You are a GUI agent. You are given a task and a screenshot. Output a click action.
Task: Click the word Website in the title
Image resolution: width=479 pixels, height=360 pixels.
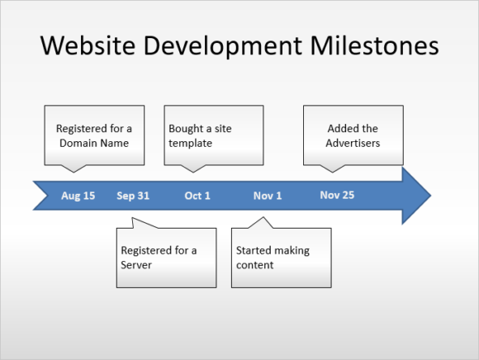point(88,45)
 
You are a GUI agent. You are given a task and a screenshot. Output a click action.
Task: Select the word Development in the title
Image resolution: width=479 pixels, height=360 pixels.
point(223,46)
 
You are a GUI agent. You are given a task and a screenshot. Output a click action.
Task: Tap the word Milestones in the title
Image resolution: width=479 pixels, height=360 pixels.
point(374,45)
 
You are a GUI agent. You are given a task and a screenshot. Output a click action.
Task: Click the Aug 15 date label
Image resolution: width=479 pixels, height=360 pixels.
point(78,196)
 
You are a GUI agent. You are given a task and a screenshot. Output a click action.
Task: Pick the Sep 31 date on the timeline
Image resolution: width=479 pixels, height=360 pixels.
point(133,196)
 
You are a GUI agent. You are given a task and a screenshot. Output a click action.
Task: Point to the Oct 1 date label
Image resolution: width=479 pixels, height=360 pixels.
point(197,196)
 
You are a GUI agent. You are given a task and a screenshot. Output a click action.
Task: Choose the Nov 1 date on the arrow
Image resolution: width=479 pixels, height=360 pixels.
point(268,196)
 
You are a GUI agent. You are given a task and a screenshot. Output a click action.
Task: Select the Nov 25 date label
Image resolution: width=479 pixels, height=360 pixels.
point(337,195)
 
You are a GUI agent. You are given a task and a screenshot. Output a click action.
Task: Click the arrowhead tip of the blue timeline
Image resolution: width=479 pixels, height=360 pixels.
point(431,196)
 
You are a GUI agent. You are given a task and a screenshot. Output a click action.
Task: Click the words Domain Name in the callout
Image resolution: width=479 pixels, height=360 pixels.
point(94,143)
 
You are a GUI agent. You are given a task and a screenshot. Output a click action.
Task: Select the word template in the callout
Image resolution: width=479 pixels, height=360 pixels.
point(190,143)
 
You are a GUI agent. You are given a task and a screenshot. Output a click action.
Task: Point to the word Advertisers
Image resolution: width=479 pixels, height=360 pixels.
point(353,143)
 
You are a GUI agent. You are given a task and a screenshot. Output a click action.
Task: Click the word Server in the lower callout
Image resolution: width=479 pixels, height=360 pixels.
point(136,265)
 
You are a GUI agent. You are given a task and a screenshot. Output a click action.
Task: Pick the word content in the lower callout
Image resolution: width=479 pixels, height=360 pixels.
point(254,265)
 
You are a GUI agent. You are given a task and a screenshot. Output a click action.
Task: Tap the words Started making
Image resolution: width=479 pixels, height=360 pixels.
point(273,250)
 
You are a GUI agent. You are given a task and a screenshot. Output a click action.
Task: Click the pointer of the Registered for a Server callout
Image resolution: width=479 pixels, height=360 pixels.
point(137,223)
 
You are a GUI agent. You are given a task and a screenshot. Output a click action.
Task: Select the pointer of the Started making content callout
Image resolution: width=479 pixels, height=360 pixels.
point(262,223)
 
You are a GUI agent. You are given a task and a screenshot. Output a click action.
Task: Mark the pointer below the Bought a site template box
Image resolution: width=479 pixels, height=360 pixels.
point(192,168)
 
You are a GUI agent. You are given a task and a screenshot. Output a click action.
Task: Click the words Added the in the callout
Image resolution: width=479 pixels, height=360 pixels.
point(353,128)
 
